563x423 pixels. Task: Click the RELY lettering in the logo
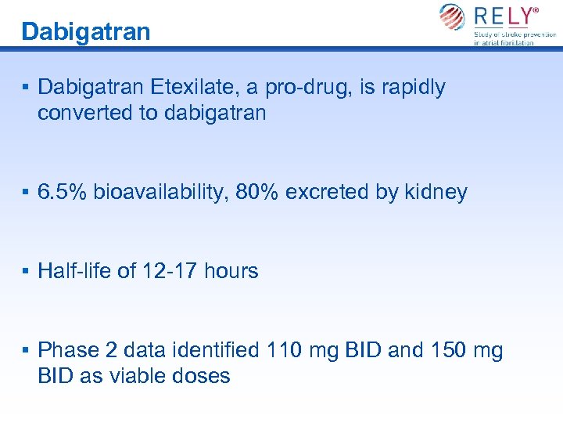point(506,16)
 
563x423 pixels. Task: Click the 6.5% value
point(63,192)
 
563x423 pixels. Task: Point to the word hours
point(231,271)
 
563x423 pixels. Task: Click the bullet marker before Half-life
point(26,271)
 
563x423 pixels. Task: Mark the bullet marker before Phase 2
point(26,350)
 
